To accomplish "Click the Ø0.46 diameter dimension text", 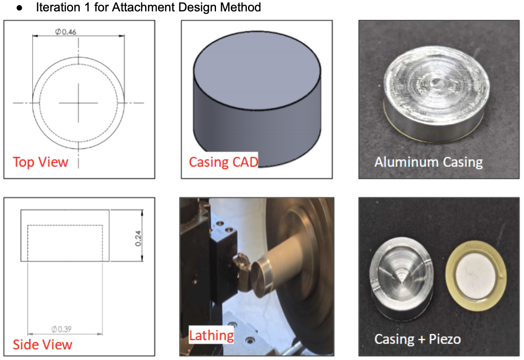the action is click(65, 32).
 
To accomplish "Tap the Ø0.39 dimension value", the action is click(61, 329).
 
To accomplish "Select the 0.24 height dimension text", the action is click(138, 239).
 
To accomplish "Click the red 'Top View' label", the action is click(40, 162).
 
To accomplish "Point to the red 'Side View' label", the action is click(42, 344).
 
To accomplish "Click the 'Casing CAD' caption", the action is click(223, 162).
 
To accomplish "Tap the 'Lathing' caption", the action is click(211, 336).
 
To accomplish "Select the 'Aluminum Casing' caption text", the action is click(428, 162).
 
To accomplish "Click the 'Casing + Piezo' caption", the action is click(418, 339).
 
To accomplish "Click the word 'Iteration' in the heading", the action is click(58, 7).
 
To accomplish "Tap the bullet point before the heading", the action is click(19, 8).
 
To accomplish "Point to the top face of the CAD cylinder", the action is click(257, 70).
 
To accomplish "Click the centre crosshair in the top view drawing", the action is click(78, 102).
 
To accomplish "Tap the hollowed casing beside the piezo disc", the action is click(401, 278).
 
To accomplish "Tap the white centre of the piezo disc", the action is click(476, 276).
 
